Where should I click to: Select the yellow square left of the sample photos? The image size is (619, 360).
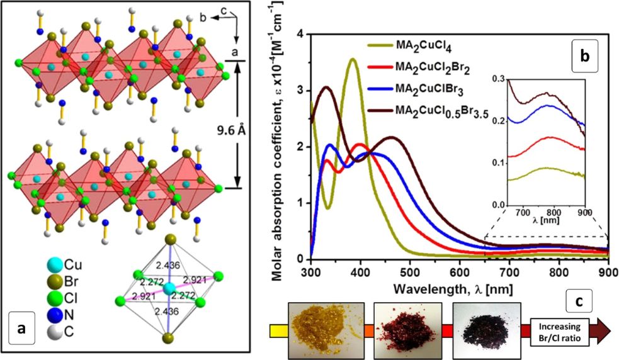(x=275, y=329)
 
